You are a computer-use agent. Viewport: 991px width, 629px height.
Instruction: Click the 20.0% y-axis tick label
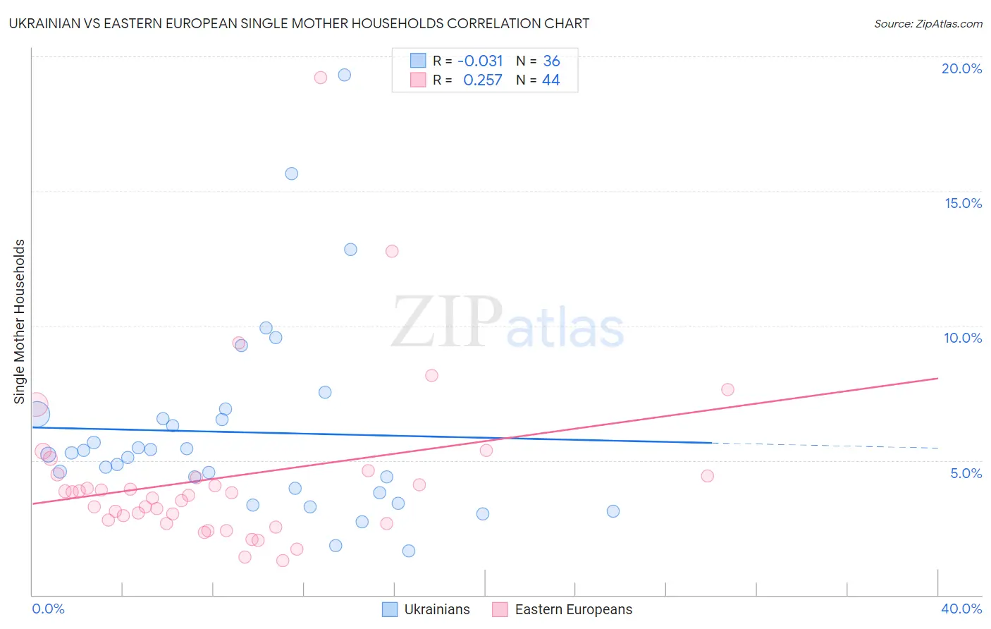tap(961, 68)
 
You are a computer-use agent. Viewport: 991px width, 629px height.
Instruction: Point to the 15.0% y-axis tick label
tap(963, 203)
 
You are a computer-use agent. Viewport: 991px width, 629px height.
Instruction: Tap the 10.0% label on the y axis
tap(963, 338)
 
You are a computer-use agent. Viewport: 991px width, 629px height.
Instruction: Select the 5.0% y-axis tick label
tap(966, 473)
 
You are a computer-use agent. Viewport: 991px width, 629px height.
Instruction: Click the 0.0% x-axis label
tap(48, 609)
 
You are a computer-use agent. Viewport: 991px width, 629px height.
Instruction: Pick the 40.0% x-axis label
tap(961, 609)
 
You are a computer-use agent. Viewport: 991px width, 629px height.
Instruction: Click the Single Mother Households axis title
tap(20, 322)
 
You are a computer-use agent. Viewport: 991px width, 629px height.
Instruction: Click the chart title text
tap(299, 23)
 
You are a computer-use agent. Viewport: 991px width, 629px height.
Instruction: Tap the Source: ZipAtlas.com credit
tap(928, 24)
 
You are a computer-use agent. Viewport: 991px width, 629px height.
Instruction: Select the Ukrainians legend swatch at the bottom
tap(390, 609)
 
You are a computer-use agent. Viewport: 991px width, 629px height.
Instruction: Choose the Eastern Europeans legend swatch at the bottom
tap(500, 609)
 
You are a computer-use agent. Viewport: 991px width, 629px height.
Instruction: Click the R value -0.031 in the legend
tap(480, 61)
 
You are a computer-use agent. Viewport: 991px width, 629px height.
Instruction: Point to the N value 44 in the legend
tap(550, 80)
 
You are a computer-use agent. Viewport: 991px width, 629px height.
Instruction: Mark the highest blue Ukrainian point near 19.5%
tap(345, 75)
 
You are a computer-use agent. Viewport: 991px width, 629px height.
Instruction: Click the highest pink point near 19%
tap(321, 78)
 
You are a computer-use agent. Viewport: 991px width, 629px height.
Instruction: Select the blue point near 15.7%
tap(292, 173)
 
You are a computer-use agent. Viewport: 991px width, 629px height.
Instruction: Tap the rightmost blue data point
tap(613, 511)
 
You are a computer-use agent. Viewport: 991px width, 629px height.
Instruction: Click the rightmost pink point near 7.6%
tap(727, 390)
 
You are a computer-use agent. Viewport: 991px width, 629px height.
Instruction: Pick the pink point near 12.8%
tap(392, 251)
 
